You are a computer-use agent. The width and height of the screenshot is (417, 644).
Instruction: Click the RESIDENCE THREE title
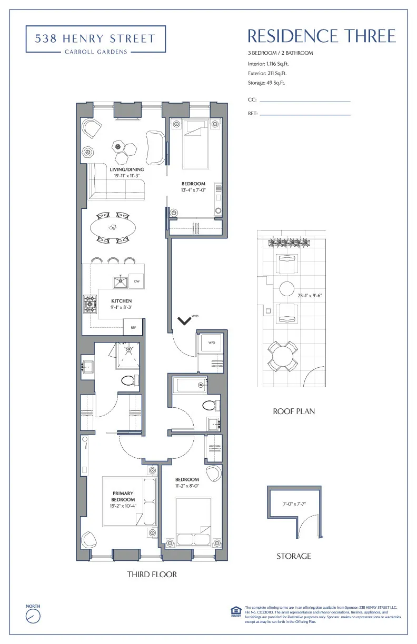coord(321,36)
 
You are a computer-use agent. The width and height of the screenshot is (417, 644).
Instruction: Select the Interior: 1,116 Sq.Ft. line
coord(268,64)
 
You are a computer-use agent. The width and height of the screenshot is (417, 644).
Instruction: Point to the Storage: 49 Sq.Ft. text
coord(266,83)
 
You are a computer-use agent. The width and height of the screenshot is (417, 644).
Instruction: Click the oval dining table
coord(112,227)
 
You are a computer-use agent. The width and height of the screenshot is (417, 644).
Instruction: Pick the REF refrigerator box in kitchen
coord(134,327)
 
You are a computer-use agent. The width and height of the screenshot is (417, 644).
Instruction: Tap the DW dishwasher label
coord(136,282)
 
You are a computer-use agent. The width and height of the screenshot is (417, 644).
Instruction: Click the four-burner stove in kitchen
coord(90,304)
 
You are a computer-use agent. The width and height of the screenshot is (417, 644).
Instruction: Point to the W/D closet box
coord(211,343)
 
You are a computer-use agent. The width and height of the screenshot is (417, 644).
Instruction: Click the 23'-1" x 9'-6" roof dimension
coord(309,295)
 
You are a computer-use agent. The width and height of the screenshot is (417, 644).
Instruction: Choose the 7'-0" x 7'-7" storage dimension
coord(294,503)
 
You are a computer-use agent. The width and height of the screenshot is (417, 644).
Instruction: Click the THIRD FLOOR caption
coord(152,574)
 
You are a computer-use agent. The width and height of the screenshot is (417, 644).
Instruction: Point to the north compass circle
coord(33,616)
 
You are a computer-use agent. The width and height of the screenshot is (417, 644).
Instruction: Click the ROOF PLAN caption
coord(294,411)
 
